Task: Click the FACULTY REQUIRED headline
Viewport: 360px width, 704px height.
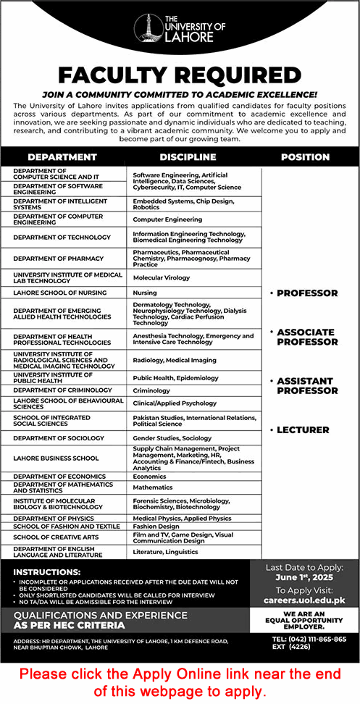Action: coord(180,75)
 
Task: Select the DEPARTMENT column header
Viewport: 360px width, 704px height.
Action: coord(62,156)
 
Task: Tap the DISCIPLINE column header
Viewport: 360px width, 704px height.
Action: coord(188,156)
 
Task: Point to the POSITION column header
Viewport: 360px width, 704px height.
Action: coord(305,156)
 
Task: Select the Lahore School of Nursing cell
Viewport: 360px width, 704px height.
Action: coord(59,293)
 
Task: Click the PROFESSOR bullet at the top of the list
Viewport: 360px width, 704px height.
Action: coord(304,293)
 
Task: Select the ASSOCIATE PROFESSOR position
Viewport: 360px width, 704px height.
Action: coord(305,337)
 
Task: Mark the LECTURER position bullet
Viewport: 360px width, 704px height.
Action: coord(303,429)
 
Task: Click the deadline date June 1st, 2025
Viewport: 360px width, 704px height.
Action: coord(304,578)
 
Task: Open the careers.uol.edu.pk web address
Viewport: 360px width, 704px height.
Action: coord(304,600)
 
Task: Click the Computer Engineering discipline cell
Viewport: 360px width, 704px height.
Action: coord(167,219)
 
